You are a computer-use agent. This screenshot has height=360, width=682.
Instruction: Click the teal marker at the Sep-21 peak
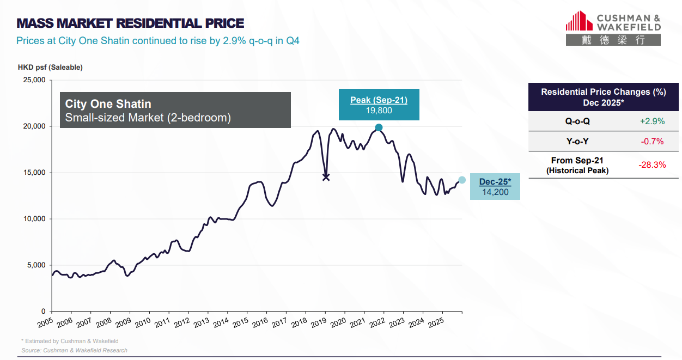[379, 127]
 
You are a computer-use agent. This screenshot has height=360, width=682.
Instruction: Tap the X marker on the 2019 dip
[326, 177]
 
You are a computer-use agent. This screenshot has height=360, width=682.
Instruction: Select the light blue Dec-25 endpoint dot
[462, 180]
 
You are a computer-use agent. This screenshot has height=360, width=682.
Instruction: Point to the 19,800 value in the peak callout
[379, 111]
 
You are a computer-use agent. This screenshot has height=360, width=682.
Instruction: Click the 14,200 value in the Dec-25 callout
[495, 192]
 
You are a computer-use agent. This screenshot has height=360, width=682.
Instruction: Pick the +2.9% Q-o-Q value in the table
[652, 121]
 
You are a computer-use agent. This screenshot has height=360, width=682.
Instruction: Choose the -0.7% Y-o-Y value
[652, 142]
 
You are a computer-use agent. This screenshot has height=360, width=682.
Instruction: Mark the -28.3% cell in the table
[652, 165]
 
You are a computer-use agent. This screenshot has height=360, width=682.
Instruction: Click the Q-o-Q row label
[577, 121]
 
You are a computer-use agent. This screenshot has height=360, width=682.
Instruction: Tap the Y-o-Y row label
[577, 142]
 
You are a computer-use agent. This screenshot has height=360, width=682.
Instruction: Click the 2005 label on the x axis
[46, 322]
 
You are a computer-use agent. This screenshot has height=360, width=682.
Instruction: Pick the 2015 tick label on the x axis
[240, 322]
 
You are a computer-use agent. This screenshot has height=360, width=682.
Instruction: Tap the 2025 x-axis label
[435, 322]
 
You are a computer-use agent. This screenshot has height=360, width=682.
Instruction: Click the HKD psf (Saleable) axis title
[50, 68]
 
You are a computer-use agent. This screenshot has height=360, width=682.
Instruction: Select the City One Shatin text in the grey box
[108, 104]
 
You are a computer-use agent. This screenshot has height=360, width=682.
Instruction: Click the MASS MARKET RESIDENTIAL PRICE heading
[130, 23]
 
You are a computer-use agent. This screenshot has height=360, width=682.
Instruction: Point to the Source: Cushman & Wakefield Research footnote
[74, 350]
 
